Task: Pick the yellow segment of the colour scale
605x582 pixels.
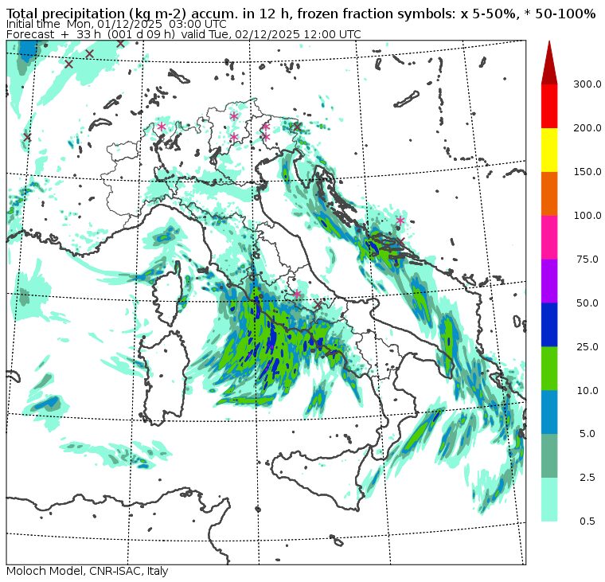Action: coord(549,150)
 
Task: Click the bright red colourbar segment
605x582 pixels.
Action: coord(549,106)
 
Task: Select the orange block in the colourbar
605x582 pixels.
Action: coord(549,193)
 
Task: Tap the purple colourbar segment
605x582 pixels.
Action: coord(549,281)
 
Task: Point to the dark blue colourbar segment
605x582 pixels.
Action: coord(549,325)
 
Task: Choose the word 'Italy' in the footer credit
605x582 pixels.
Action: coord(154,572)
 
